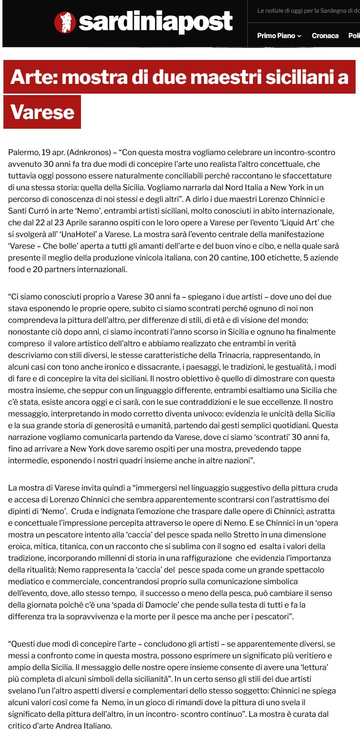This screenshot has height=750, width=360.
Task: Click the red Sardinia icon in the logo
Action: pos(65,21)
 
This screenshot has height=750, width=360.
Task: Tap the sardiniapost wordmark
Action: pos(156,21)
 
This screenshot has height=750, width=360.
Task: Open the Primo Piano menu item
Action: pos(276,36)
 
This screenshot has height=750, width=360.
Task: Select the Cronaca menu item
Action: pos(325,36)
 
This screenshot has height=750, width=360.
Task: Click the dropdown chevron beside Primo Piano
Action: pos(300,36)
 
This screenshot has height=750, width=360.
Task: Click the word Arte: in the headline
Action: pos(34,77)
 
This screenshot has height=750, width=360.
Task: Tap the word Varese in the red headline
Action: pos(42,113)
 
